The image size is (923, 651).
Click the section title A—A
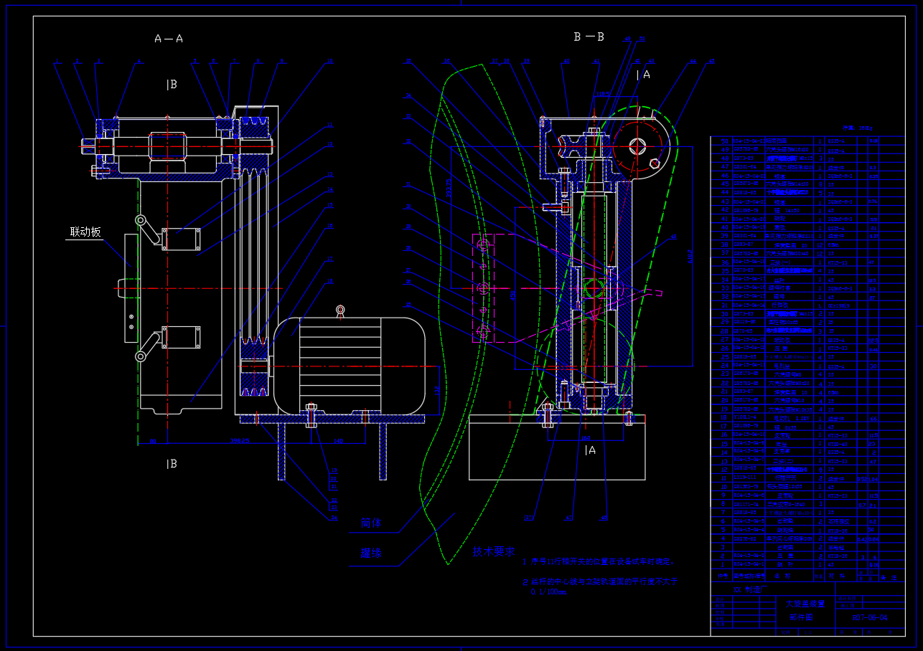pyautogui.click(x=169, y=39)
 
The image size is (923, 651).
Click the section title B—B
pyautogui.click(x=589, y=37)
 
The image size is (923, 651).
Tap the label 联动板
pyautogui.click(x=85, y=232)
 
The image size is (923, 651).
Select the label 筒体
pyautogui.click(x=371, y=523)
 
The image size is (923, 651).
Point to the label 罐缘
pyautogui.click(x=371, y=553)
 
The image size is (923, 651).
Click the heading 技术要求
pyautogui.click(x=493, y=551)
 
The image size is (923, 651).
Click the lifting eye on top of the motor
pyautogui.click(x=340, y=310)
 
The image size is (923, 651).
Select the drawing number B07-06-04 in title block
pyautogui.click(x=869, y=617)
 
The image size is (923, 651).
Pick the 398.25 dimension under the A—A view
pyautogui.click(x=240, y=442)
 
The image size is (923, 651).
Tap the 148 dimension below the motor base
pyautogui.click(x=337, y=442)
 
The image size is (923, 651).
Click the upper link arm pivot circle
pyautogui.click(x=141, y=220)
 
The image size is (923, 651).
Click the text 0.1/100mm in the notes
pyautogui.click(x=548, y=592)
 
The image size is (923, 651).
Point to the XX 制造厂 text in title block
pyautogui.click(x=744, y=589)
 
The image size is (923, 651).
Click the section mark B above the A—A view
pyautogui.click(x=172, y=85)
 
